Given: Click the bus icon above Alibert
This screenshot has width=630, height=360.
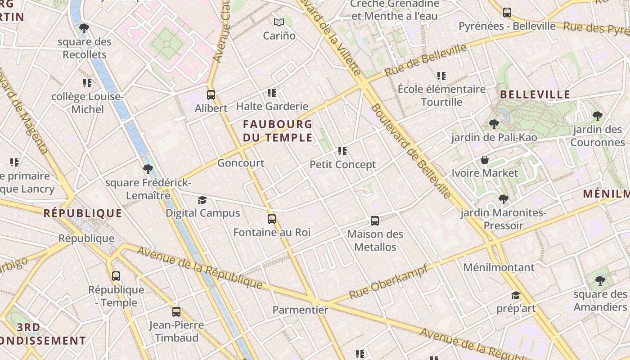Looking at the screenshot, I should pyautogui.click(x=211, y=95).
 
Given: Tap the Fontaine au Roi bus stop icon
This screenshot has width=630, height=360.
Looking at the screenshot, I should pyautogui.click(x=272, y=219).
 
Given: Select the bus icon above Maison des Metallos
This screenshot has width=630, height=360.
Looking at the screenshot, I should pyautogui.click(x=375, y=221).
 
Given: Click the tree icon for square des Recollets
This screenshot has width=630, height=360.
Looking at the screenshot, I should pyautogui.click(x=84, y=29).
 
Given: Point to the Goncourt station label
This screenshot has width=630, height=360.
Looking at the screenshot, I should pyautogui.click(x=241, y=163).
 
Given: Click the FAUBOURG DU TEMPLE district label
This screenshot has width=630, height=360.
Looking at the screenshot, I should pyautogui.click(x=278, y=130).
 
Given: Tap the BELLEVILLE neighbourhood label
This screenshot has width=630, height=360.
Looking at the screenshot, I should pyautogui.click(x=535, y=94).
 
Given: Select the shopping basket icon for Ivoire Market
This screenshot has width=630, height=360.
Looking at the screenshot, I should pyautogui.click(x=485, y=160).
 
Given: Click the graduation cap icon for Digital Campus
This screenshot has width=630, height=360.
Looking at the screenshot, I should pyautogui.click(x=202, y=200).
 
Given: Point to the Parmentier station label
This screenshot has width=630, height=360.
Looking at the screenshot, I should pyautogui.click(x=301, y=310).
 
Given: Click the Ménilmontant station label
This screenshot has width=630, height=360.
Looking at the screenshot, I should pyautogui.click(x=499, y=267).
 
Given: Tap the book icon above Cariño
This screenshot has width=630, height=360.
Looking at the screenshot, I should pyautogui.click(x=279, y=22).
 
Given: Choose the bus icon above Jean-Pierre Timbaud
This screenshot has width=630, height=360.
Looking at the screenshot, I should pyautogui.click(x=176, y=311).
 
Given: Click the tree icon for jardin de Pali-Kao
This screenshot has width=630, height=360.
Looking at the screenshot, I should pyautogui.click(x=494, y=124).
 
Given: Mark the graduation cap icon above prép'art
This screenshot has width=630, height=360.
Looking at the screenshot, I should pyautogui.click(x=516, y=295).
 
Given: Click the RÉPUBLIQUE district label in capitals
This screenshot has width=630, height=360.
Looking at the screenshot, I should pyautogui.click(x=83, y=213).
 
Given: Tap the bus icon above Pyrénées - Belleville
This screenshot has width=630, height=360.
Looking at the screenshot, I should pyautogui.click(x=507, y=13).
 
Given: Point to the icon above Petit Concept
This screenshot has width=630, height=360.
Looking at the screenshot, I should pyautogui.click(x=342, y=151).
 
